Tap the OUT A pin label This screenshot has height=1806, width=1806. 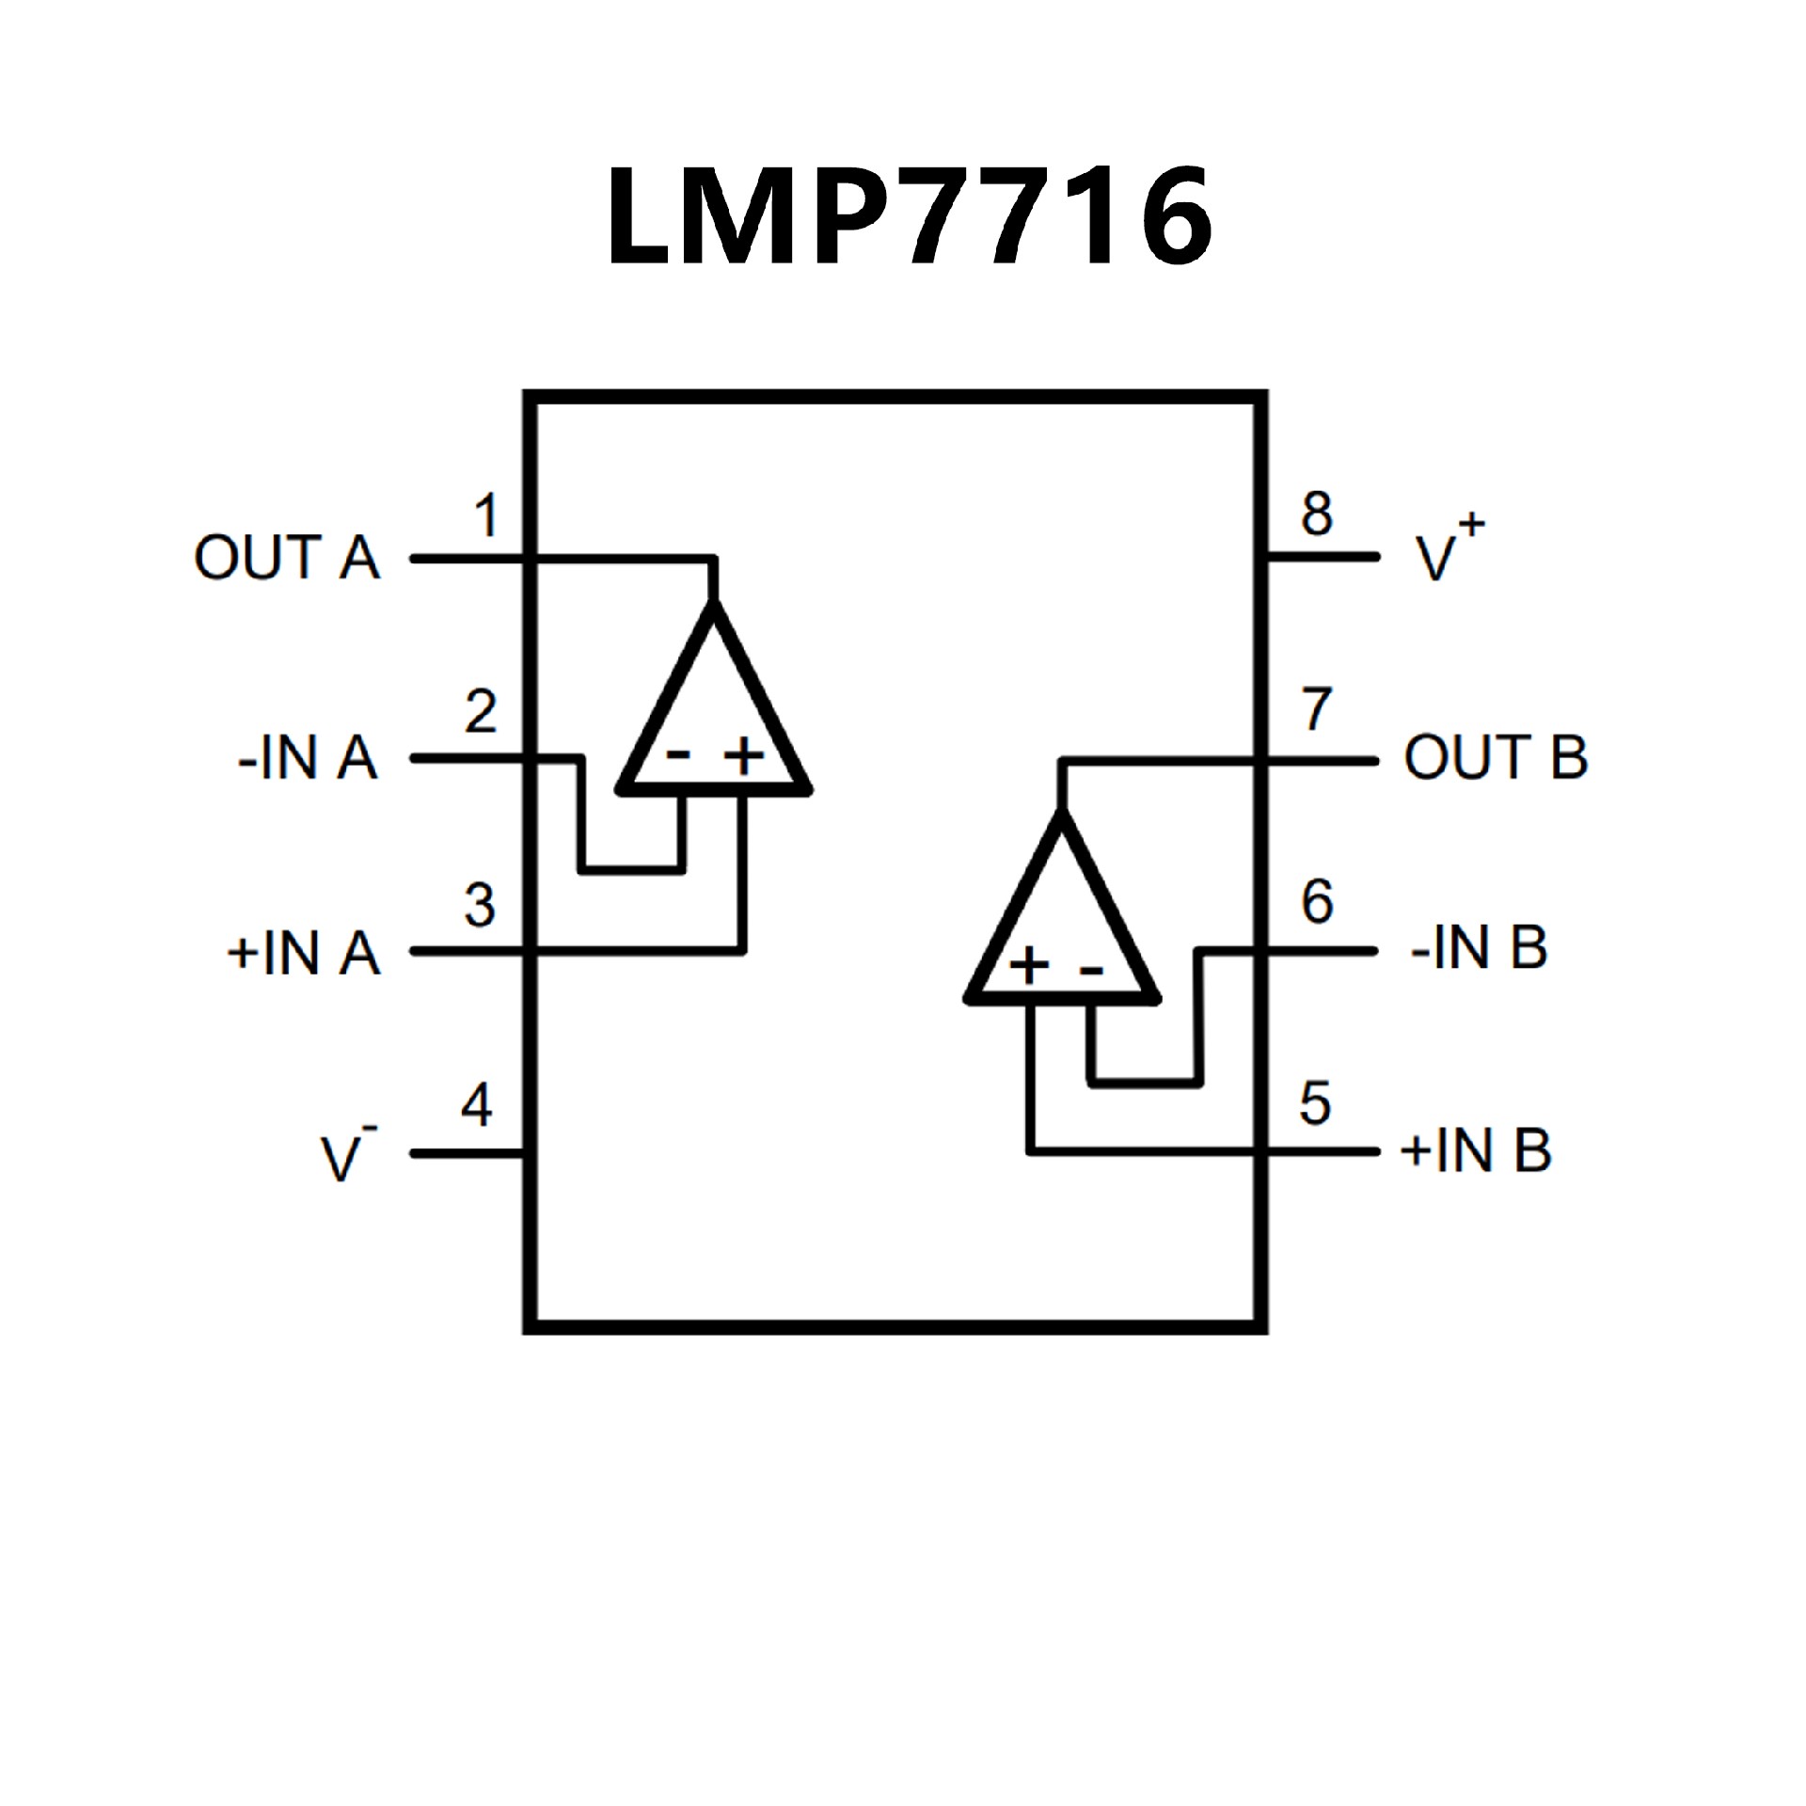[x=287, y=557]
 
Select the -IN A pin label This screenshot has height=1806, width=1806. [x=308, y=758]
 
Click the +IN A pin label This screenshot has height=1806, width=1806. [x=304, y=952]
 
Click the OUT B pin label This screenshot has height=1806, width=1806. [x=1496, y=757]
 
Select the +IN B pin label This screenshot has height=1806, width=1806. [x=1476, y=1149]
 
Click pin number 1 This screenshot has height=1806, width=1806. [x=485, y=516]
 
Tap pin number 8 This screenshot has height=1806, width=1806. [x=1317, y=514]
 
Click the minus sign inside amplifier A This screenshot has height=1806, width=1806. [x=679, y=753]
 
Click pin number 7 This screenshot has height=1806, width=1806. [x=1317, y=710]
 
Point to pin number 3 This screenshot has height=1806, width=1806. [x=480, y=906]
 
